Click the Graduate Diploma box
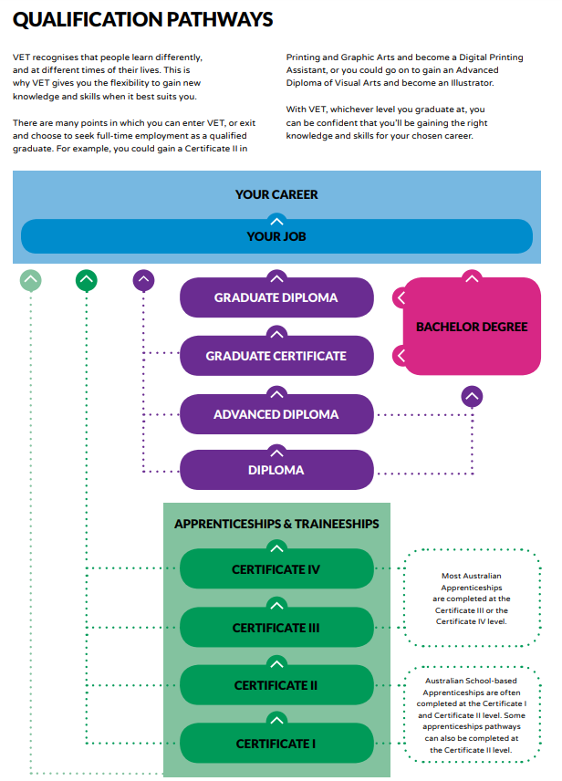tap(276, 297)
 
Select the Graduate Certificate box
tap(276, 356)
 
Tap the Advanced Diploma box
tap(276, 414)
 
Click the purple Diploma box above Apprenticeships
tap(276, 470)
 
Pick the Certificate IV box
tap(276, 568)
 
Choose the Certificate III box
tap(276, 627)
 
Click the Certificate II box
tap(276, 685)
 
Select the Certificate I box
tap(276, 744)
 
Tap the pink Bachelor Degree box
tap(472, 327)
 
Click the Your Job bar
tap(276, 236)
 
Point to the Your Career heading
tap(276, 194)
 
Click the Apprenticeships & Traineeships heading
tap(276, 524)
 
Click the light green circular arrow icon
tap(31, 280)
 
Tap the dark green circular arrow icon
tap(87, 280)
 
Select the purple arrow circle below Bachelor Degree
tap(472, 397)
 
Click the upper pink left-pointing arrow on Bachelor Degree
tap(401, 297)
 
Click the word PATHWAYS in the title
tap(219, 19)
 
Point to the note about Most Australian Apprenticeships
tap(472, 599)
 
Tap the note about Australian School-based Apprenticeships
tap(472, 714)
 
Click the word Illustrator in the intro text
tap(472, 83)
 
